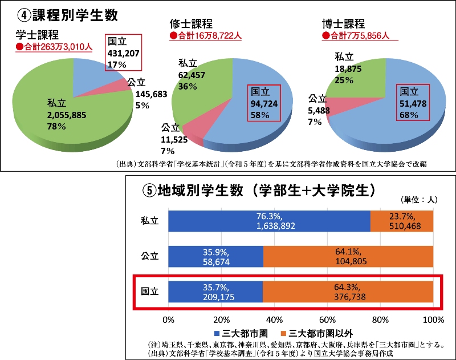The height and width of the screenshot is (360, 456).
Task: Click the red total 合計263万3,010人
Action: click(x=54, y=47)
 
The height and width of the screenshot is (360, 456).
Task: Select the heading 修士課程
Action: click(x=191, y=24)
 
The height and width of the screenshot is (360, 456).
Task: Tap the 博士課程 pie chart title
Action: click(x=344, y=24)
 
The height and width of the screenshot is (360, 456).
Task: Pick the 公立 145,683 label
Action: click(x=149, y=94)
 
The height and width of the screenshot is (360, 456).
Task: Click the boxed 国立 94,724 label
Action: click(x=264, y=103)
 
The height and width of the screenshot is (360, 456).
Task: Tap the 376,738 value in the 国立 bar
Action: click(x=348, y=297)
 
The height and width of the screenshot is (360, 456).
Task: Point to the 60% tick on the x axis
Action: click(x=327, y=318)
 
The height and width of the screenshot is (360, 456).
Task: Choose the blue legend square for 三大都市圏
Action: click(x=217, y=333)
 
